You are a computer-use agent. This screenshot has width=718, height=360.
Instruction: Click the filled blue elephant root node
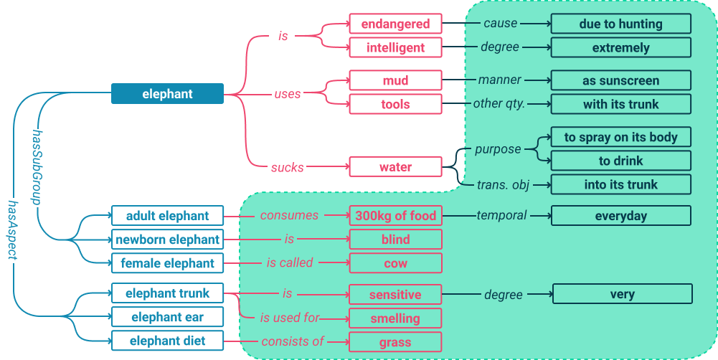168,94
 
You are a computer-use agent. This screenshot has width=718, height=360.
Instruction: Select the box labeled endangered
396,24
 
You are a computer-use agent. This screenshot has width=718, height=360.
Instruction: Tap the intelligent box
396,47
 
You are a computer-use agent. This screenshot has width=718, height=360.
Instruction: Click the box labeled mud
396,80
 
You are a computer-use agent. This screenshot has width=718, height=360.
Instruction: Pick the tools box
396,105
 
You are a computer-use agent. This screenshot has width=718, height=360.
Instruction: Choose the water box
396,166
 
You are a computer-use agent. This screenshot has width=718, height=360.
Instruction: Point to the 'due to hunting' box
621,24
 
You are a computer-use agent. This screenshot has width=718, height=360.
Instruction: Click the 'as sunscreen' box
621,80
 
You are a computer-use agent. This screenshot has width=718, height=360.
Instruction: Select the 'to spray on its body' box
621,137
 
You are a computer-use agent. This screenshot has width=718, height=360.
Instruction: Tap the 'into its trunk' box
621,184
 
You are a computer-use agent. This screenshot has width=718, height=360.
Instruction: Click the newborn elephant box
168,240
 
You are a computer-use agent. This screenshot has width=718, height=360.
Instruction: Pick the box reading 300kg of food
396,216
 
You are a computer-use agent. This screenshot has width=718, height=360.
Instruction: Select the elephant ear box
168,317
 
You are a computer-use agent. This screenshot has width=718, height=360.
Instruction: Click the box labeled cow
396,263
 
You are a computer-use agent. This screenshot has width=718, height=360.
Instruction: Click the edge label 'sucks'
288,168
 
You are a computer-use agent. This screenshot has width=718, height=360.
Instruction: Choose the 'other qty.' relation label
499,103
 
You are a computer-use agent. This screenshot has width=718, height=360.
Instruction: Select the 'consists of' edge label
293,341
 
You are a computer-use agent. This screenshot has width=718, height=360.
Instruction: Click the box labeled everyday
621,216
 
